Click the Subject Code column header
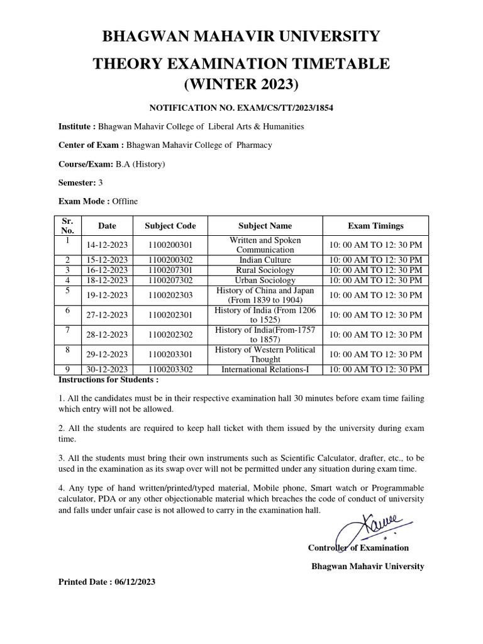[170, 226]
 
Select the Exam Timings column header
[375, 226]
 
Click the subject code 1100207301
[170, 270]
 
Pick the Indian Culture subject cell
[265, 260]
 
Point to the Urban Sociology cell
[265, 280]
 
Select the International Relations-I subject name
[265, 370]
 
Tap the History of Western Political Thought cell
[265, 355]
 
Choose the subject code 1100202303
[170, 295]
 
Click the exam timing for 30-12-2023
[375, 370]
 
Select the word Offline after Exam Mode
[125, 201]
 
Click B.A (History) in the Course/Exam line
[140, 164]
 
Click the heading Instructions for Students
[108, 380]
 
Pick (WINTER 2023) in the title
[241, 84]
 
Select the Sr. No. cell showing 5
[67, 291]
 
